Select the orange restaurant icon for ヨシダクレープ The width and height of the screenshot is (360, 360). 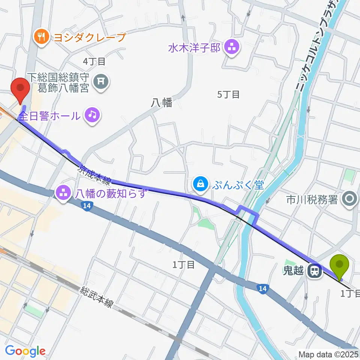pos(40,37)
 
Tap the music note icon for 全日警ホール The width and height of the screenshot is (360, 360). pos(92,114)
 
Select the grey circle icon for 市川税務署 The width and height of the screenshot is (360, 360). pos(350,199)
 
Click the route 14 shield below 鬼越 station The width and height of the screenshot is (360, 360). pos(262,288)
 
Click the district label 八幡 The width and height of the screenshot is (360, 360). pos(162,103)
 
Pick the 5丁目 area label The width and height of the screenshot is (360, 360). pos(228,94)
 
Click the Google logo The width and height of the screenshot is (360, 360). pos(25,351)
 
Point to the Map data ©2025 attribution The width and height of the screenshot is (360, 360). pos(328,354)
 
